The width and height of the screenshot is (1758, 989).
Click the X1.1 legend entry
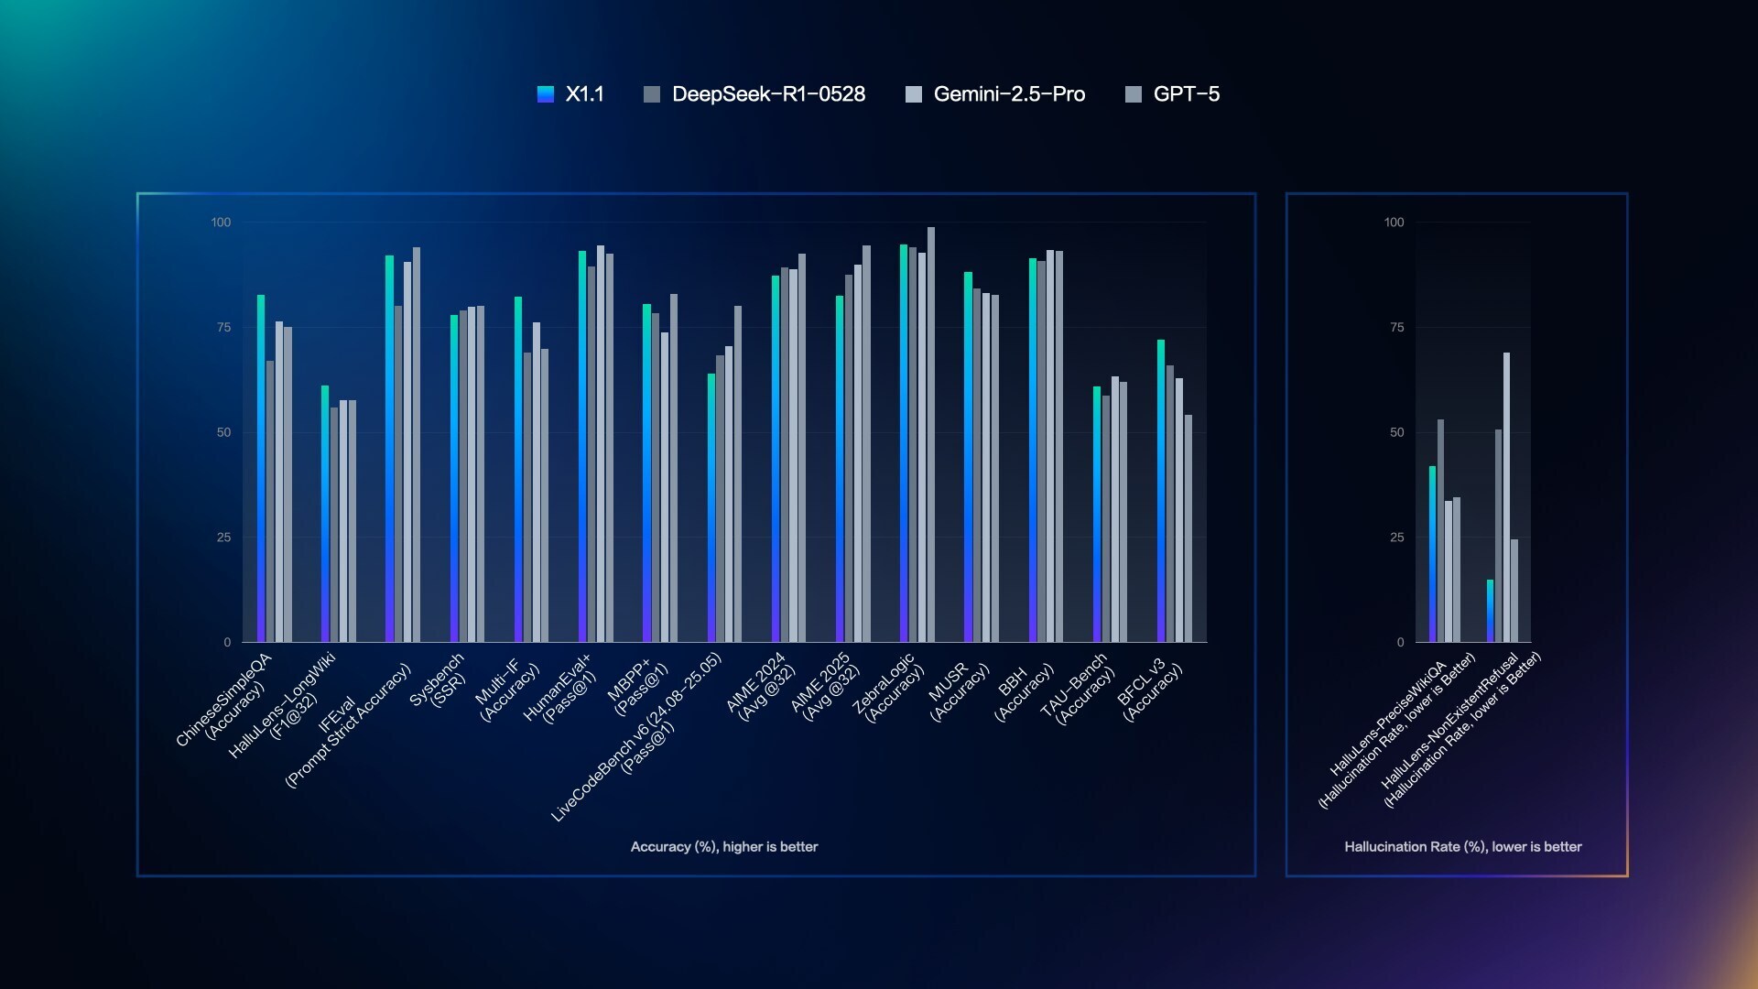click(x=570, y=94)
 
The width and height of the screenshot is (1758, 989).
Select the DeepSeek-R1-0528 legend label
click(x=767, y=94)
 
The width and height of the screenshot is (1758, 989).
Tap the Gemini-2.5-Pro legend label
click(x=1008, y=94)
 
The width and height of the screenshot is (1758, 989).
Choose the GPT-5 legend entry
click(x=1185, y=94)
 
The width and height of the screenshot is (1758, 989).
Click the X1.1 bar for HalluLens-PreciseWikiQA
click(x=1432, y=554)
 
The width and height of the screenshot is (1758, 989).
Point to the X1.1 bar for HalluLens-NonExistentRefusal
click(x=1490, y=611)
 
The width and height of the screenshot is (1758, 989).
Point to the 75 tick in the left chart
click(x=223, y=328)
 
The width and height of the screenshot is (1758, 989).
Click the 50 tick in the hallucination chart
click(x=1396, y=432)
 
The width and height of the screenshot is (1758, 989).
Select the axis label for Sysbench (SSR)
click(x=439, y=681)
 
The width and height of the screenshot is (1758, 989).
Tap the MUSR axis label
click(x=958, y=692)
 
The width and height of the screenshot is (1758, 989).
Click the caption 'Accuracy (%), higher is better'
click(x=723, y=847)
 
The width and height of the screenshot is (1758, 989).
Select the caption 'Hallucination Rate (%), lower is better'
click(x=1462, y=847)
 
